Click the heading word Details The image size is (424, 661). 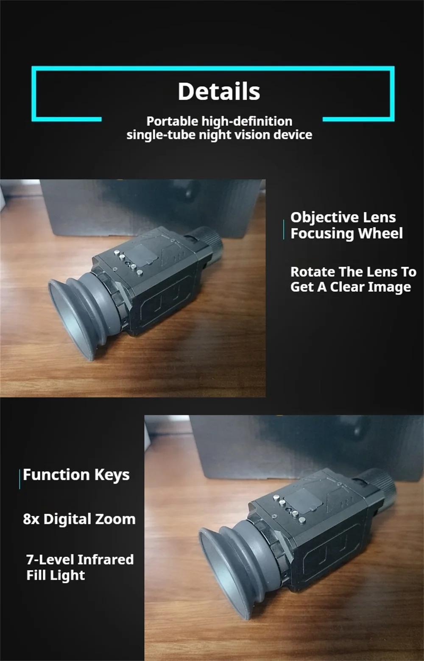pyautogui.click(x=219, y=91)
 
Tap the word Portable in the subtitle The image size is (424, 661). pyautogui.click(x=173, y=121)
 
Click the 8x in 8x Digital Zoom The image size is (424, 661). pyautogui.click(x=31, y=519)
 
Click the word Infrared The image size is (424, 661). pyautogui.click(x=106, y=560)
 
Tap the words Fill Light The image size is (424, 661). pyautogui.click(x=56, y=575)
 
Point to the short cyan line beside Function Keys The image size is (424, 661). pyautogui.click(x=20, y=479)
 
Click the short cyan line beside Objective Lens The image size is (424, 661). pyautogui.click(x=284, y=229)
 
